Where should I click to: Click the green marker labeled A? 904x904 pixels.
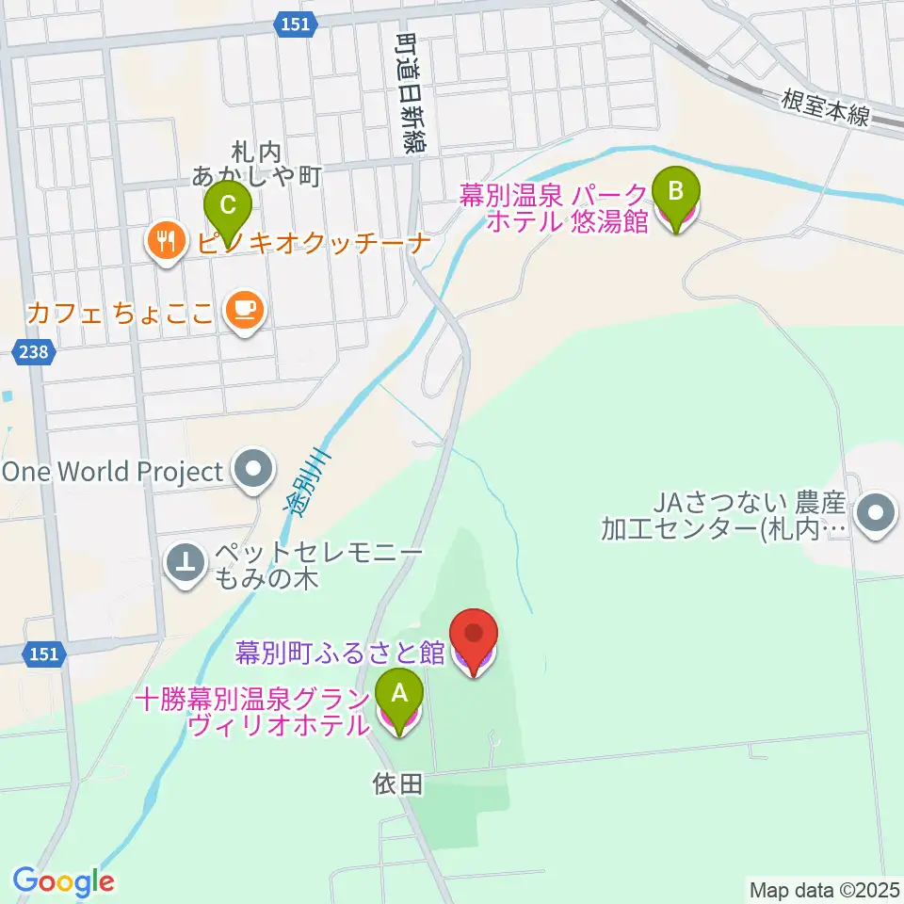(x=399, y=695)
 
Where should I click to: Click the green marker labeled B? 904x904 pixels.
(x=676, y=191)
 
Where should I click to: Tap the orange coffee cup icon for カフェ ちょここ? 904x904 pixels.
(x=245, y=311)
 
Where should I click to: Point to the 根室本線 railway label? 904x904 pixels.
(x=828, y=107)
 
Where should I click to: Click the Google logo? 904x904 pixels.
(x=63, y=881)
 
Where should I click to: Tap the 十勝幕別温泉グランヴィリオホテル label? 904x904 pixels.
(x=252, y=713)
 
